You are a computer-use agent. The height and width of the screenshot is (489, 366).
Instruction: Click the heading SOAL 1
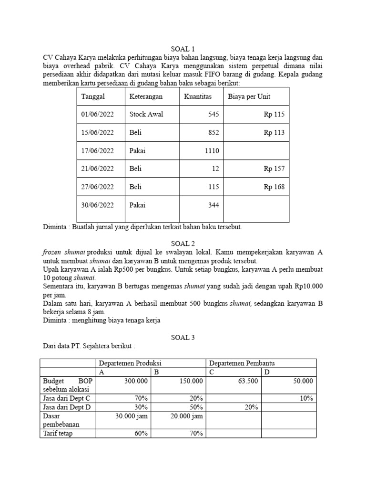183,49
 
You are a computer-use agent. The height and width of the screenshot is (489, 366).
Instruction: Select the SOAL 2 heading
183,244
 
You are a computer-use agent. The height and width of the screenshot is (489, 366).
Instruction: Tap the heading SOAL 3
183,337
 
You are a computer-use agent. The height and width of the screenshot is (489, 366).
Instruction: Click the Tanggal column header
93,96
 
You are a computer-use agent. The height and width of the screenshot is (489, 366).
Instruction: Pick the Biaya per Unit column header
249,96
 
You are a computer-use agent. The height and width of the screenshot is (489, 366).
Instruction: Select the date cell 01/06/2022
98,115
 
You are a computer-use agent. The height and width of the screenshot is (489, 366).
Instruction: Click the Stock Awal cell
146,115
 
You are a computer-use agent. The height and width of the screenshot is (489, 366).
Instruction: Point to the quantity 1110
211,151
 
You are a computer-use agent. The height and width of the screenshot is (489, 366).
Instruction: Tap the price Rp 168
274,187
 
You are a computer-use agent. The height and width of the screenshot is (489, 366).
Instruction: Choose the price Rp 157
274,169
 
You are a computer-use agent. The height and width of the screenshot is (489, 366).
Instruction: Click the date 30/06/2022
98,205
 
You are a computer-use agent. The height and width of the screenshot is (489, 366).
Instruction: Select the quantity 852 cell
213,133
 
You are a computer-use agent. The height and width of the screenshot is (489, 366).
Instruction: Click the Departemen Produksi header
128,363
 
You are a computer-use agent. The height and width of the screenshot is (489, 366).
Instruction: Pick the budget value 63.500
247,381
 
